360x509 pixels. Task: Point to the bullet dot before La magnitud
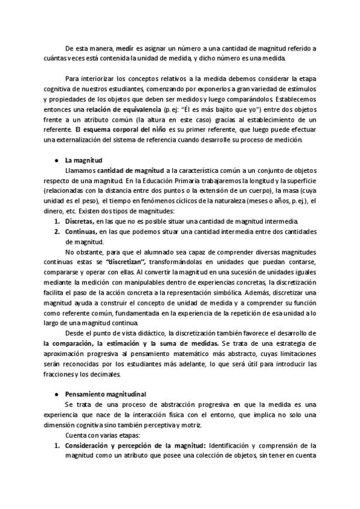point(56,161)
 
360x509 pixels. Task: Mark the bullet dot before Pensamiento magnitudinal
point(56,394)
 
